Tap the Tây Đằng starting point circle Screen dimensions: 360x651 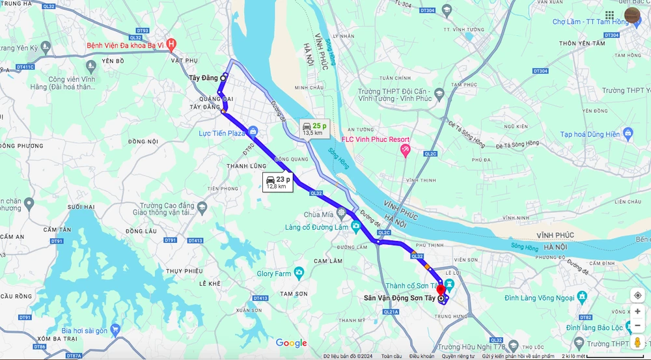click(224, 77)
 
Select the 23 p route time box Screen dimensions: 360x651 click(278, 182)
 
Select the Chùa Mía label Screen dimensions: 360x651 click(318, 214)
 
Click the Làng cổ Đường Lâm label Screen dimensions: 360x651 click(316, 227)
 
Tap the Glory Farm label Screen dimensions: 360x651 click(274, 274)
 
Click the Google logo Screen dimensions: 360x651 click(291, 343)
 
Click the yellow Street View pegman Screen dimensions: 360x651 click(637, 342)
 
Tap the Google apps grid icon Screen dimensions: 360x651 click(609, 15)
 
